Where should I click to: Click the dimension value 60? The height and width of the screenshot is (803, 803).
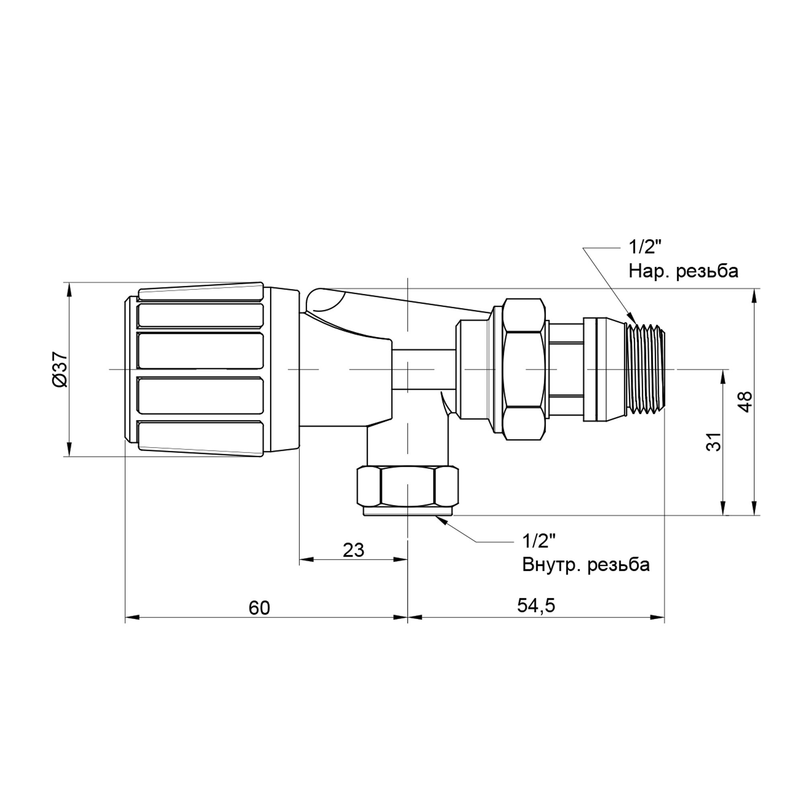pos(259,608)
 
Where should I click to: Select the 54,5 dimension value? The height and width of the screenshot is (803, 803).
pos(536,605)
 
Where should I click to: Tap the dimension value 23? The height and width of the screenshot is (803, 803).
pos(353,550)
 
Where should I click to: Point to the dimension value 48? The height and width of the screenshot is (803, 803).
pos(746,401)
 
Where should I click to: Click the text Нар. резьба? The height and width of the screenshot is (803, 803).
pos(683,271)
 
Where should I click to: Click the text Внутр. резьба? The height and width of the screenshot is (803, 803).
pos(586,565)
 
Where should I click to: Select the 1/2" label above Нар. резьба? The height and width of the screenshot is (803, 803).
pos(645,248)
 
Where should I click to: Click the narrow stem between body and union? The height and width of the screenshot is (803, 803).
pos(424,369)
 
